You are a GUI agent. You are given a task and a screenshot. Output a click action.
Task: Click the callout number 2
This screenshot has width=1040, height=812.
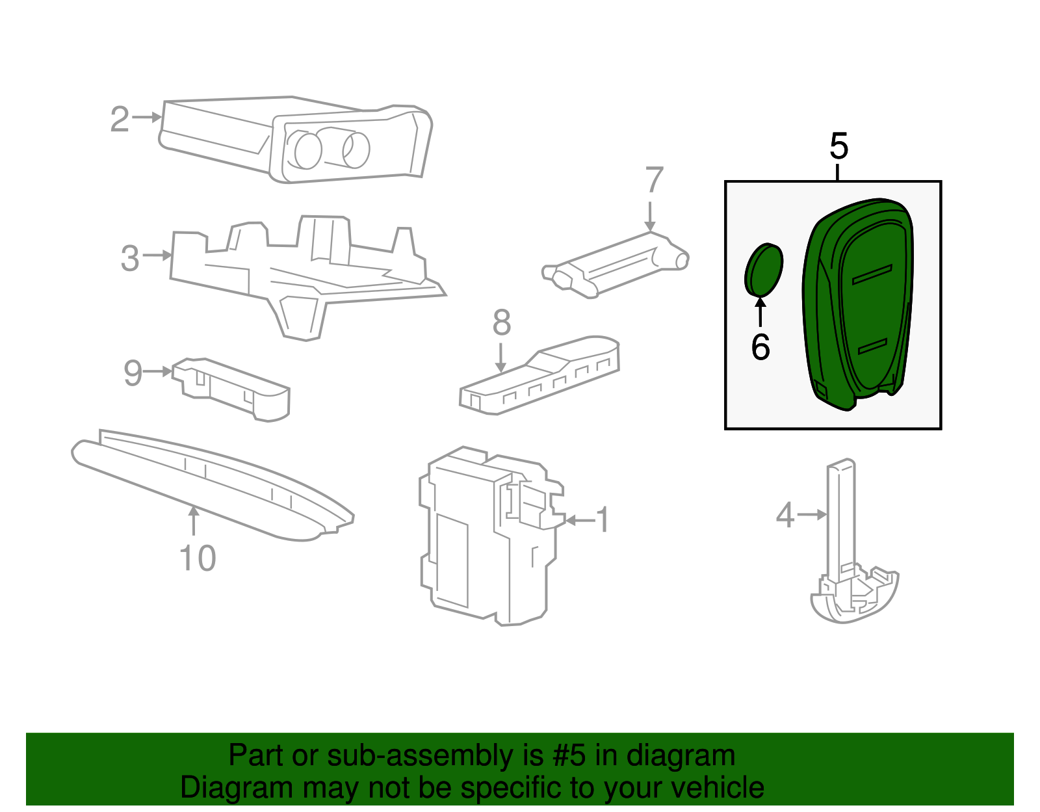tap(120, 120)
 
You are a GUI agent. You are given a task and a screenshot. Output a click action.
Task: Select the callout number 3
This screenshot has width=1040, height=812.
tap(130, 258)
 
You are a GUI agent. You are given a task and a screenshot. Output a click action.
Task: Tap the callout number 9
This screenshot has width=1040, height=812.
tap(133, 373)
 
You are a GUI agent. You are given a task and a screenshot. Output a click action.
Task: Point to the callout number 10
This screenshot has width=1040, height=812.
tap(198, 558)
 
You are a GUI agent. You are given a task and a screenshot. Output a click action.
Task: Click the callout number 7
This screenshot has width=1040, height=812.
tap(654, 180)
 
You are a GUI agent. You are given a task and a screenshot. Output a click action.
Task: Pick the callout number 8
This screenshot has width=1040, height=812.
tap(501, 322)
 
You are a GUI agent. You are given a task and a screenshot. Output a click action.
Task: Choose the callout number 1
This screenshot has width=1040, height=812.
tap(604, 520)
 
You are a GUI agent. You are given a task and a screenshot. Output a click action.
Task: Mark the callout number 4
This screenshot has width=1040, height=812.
tap(785, 516)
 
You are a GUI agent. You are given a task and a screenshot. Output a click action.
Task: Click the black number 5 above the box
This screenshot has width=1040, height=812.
tap(838, 146)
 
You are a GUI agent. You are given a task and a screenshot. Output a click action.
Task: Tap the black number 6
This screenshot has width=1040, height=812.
tap(760, 347)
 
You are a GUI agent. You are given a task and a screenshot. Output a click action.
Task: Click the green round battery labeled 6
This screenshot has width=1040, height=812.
tap(764, 268)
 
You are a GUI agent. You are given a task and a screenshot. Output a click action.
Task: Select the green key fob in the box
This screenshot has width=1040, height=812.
tap(858, 306)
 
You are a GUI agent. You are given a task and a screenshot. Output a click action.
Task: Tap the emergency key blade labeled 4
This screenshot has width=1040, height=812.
tap(842, 520)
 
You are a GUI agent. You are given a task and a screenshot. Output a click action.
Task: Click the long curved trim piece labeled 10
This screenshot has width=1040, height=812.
tap(208, 484)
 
